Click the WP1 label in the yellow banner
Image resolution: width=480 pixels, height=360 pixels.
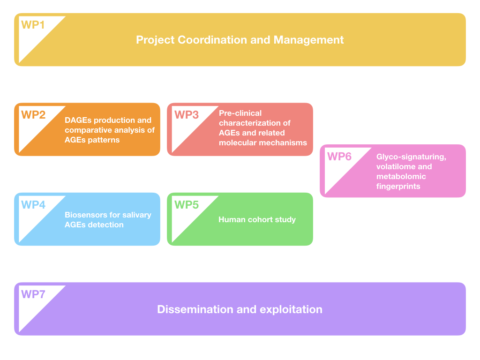pyautogui.click(x=33, y=25)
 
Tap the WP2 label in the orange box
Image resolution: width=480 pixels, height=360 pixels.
pyautogui.click(x=33, y=115)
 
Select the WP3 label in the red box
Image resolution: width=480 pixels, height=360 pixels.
pyautogui.click(x=187, y=115)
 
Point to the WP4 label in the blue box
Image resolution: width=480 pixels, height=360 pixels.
pyautogui.click(x=33, y=205)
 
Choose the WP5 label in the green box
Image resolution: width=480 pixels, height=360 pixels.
pyautogui.click(x=187, y=205)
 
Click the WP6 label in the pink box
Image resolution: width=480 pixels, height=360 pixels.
pyautogui.click(x=339, y=156)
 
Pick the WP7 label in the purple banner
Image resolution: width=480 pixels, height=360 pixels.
pyautogui.click(x=33, y=294)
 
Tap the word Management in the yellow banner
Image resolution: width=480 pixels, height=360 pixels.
pyautogui.click(x=308, y=40)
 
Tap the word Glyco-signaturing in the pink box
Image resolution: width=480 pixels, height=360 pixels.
pyautogui.click(x=411, y=157)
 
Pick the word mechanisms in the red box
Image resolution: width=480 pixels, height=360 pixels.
pyautogui.click(x=285, y=142)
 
